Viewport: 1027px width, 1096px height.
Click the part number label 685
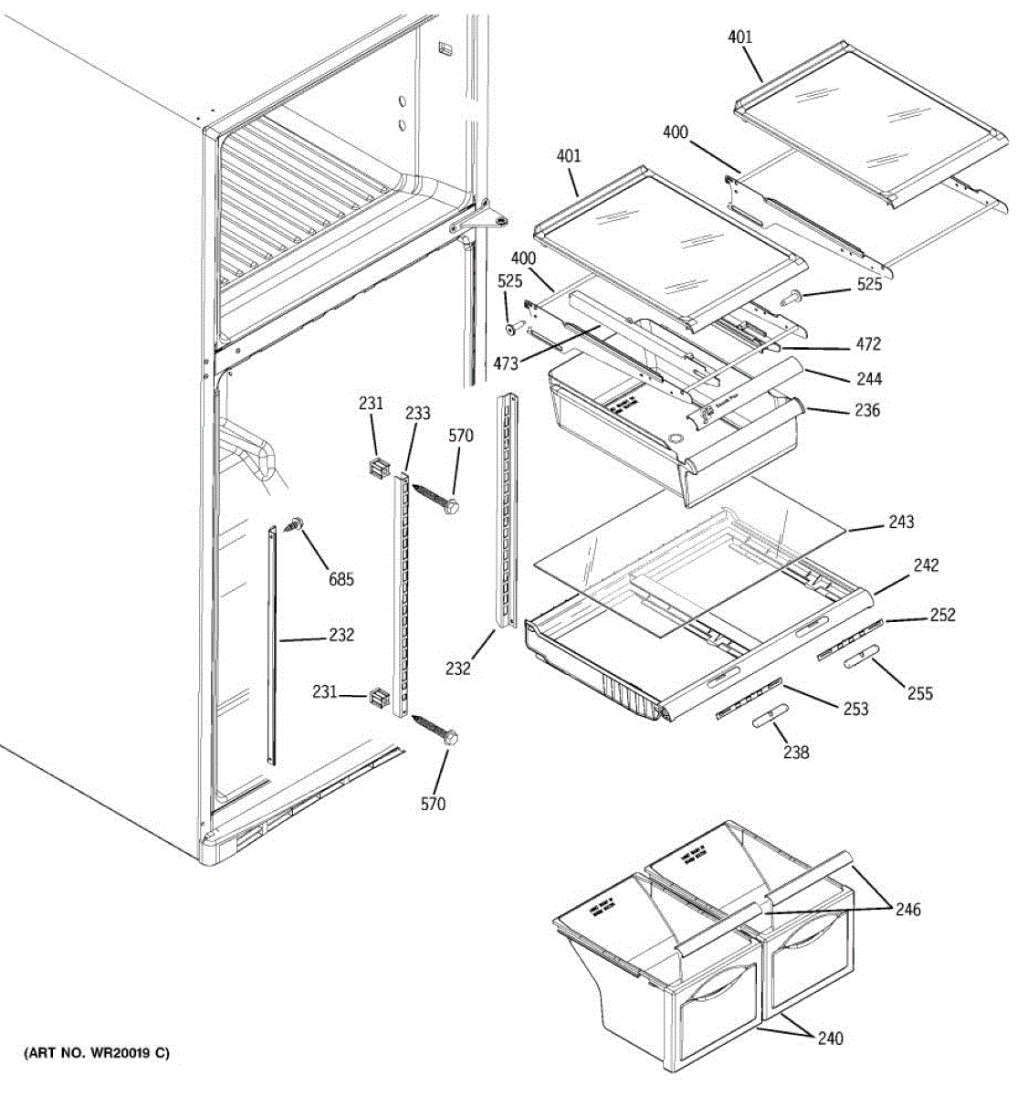point(341,579)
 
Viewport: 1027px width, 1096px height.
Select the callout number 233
point(417,413)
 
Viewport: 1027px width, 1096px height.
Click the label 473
point(505,364)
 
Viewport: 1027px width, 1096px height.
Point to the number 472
point(867,344)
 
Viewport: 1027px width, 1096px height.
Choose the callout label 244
point(868,378)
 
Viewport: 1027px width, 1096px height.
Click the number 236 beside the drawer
point(866,410)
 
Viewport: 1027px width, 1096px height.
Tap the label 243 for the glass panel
point(900,522)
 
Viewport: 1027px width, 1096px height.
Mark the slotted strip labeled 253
point(749,698)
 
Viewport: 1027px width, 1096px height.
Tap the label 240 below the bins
point(830,1038)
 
